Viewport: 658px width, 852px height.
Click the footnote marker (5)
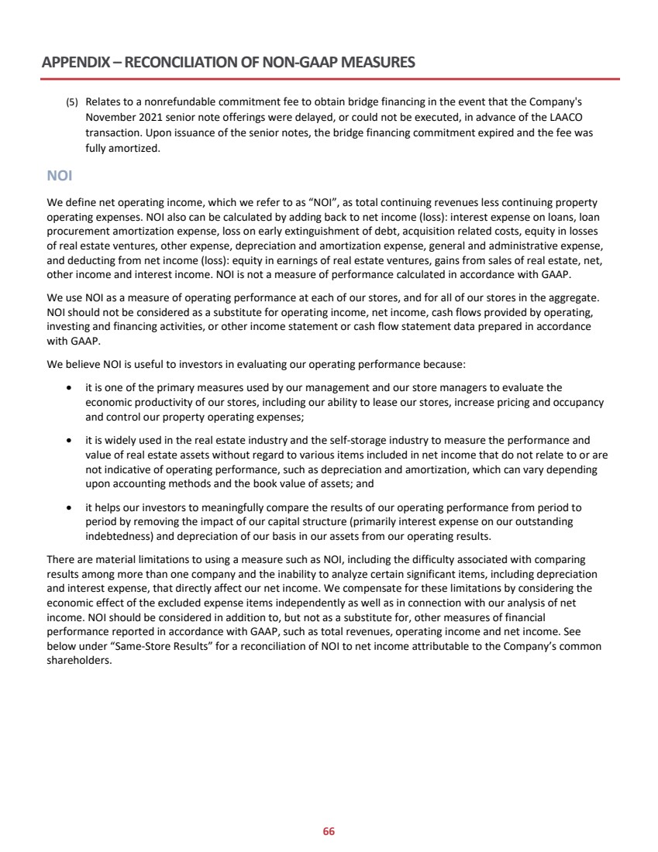coord(71,102)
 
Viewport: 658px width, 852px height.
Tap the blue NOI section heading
coord(59,176)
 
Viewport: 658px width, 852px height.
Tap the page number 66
coord(329,832)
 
